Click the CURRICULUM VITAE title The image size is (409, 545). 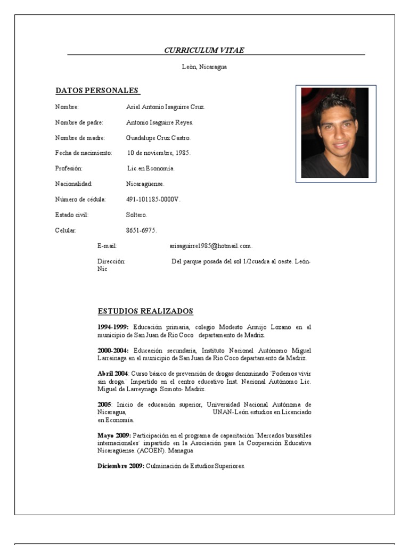(204, 51)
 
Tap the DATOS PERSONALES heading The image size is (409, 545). (97, 90)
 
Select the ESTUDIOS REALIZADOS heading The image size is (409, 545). (145, 311)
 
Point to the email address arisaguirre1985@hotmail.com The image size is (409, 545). (210, 246)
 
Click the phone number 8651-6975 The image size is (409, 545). (141, 230)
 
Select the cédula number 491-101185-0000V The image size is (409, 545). (153, 200)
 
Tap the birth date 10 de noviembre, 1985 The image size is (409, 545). (159, 153)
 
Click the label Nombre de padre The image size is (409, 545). (79, 122)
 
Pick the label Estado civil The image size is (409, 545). (72, 215)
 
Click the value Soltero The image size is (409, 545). (137, 215)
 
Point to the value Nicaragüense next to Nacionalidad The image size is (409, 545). (145, 184)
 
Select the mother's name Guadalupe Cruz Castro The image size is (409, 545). (158, 138)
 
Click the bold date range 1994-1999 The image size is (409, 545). (113, 327)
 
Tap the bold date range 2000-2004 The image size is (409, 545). (113, 350)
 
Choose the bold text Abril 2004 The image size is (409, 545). (112, 374)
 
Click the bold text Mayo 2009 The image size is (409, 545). (114, 435)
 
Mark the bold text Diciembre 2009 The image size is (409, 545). (120, 466)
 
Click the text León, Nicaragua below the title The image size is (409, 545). (204, 67)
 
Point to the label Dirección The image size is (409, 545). (111, 261)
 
